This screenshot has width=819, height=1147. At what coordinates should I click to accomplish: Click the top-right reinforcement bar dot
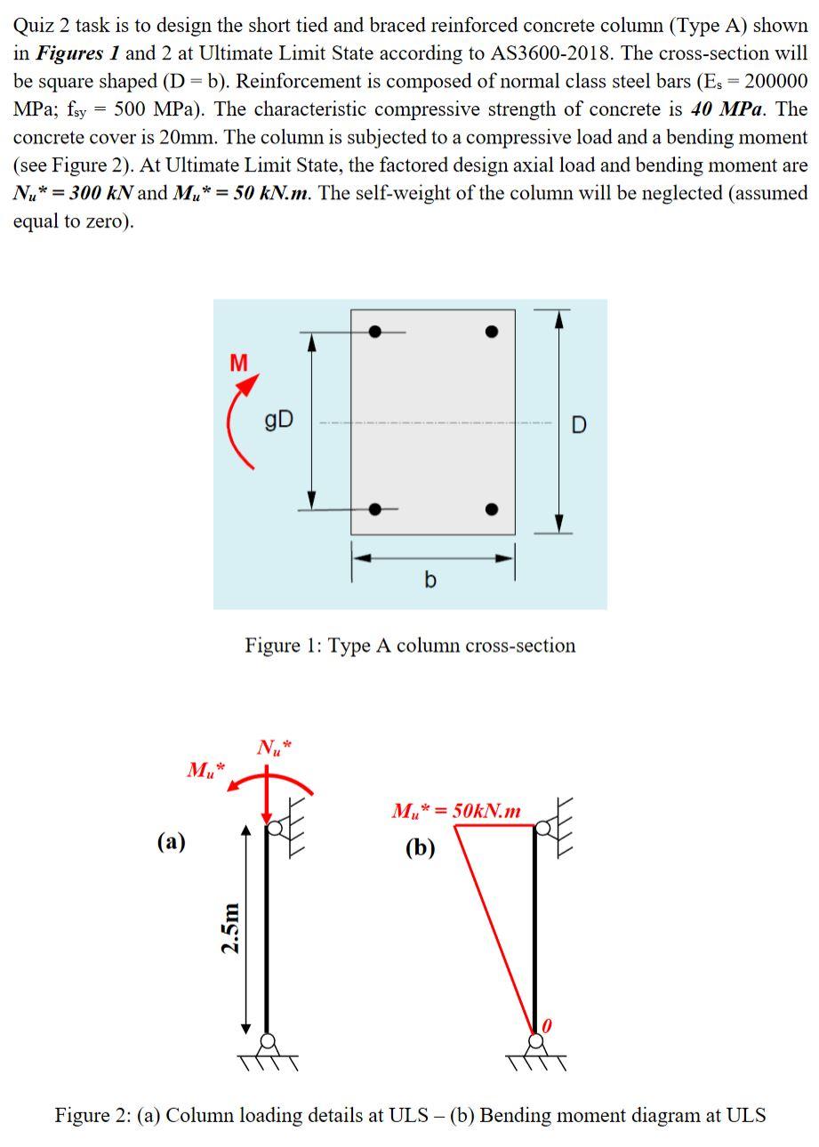point(492,332)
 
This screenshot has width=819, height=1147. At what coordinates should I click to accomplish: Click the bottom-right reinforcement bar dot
point(492,509)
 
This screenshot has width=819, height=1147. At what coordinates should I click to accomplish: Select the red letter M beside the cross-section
point(238,363)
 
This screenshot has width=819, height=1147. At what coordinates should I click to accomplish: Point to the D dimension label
point(579,425)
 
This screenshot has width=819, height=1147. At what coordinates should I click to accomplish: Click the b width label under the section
point(431,581)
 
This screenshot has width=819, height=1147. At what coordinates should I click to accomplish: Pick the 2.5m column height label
point(230,927)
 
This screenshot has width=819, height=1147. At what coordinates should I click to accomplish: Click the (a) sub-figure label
point(172,840)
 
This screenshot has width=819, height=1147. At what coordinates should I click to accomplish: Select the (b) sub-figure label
point(421,846)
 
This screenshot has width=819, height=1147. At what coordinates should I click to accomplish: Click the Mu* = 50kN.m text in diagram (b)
point(456,811)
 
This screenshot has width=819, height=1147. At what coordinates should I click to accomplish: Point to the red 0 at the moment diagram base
point(547,1026)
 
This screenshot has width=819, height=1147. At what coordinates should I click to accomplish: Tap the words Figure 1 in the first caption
point(282,645)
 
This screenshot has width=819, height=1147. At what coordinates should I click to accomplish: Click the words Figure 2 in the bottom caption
point(92,1115)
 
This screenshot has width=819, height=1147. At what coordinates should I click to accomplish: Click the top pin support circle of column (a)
point(275,829)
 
